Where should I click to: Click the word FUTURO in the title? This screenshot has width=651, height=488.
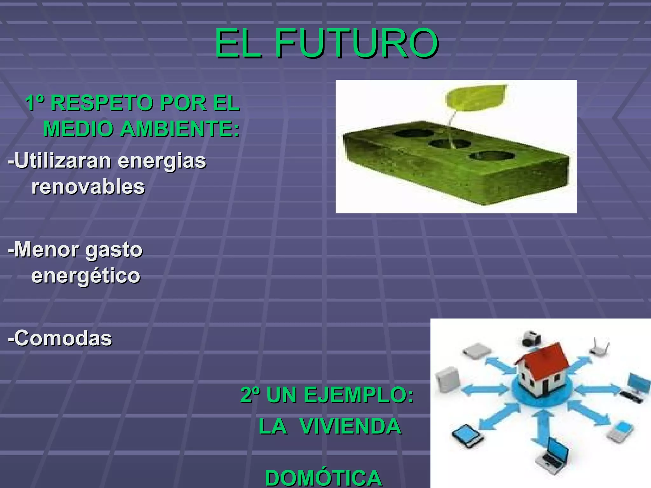coord(357,44)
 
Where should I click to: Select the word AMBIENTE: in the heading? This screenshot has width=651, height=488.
coord(180,129)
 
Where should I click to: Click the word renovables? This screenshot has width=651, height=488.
coord(88,186)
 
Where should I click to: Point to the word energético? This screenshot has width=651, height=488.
coord(86,275)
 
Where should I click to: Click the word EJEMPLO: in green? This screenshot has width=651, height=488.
coord(358,395)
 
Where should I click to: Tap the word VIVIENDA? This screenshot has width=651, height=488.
coord(350,426)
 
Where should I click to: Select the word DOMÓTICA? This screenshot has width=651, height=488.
coord(323,478)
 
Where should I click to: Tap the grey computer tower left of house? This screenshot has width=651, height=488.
coord(448,381)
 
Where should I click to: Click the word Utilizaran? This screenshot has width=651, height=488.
coord(63,160)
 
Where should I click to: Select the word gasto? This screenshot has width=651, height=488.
coord(114,250)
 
